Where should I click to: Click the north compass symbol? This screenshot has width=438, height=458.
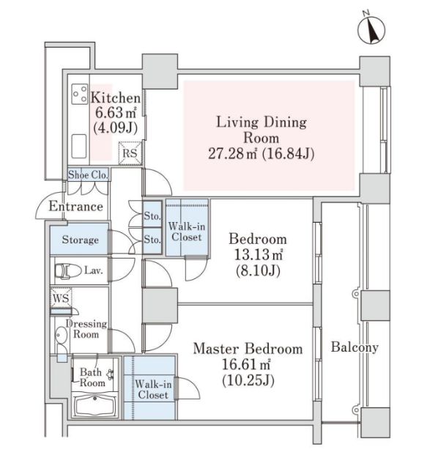click(371, 29)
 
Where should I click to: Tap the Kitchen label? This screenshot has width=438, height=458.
click(116, 97)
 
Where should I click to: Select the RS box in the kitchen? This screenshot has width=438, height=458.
click(130, 153)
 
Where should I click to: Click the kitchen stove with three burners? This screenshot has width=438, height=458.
click(79, 94)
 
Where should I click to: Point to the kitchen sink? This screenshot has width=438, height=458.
click(79, 146)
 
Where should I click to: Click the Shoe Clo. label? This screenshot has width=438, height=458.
click(88, 174)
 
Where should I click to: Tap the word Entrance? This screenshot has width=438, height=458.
click(76, 206)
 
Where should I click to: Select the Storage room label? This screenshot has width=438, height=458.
click(80, 240)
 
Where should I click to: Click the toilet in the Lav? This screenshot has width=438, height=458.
click(68, 270)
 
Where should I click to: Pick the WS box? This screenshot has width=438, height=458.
click(61, 298)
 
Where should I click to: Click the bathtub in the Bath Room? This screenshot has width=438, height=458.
click(94, 406)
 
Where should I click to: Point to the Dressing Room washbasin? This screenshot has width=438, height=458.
click(61, 334)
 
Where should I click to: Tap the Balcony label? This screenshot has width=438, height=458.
click(355, 347)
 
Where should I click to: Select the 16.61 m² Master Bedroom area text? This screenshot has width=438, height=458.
click(246, 364)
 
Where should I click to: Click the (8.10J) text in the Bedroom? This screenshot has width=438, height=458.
click(258, 270)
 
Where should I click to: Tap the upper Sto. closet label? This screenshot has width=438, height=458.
click(152, 216)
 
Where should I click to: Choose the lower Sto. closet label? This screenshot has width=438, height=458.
click(152, 239)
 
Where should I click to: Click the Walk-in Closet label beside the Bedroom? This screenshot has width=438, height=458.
click(187, 232)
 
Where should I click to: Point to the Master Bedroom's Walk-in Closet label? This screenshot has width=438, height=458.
click(153, 389)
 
